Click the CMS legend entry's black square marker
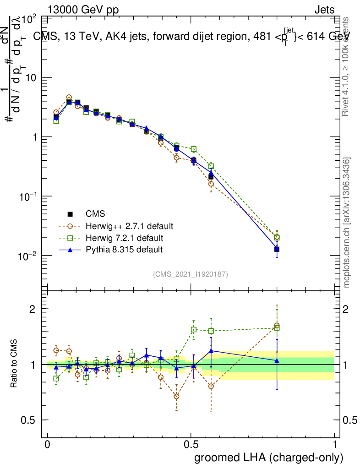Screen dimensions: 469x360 pos(70,214)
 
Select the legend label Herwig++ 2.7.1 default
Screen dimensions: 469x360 pos(129,226)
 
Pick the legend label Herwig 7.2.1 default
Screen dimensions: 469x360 pos(125,238)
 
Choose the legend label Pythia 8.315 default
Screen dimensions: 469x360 pos(124,250)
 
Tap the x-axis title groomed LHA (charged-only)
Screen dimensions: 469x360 pos(269,457)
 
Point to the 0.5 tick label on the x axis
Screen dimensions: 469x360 pos(191,445)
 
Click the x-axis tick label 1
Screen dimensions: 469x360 pos(335,445)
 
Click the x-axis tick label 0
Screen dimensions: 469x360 pos(47,445)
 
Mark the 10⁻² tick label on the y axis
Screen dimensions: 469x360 pos(28,255)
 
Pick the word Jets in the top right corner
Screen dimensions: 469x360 pos(324,10)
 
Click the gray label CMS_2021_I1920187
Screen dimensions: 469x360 pos(191,274)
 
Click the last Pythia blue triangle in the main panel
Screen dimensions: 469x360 pos(277,249)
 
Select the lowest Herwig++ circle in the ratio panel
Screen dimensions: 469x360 pos(176,396)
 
